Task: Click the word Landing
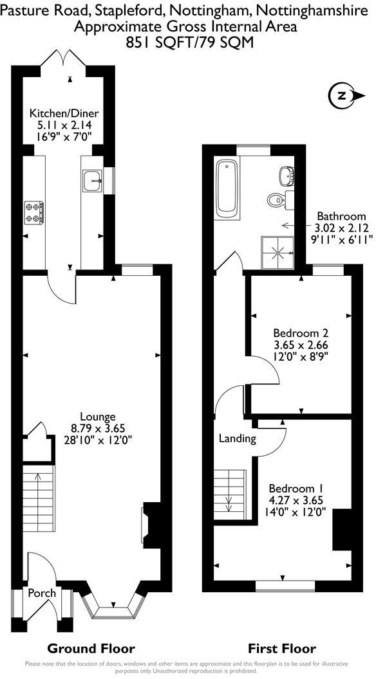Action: tap(238, 439)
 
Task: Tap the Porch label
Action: tap(41, 593)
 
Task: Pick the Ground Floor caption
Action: tap(91, 648)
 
